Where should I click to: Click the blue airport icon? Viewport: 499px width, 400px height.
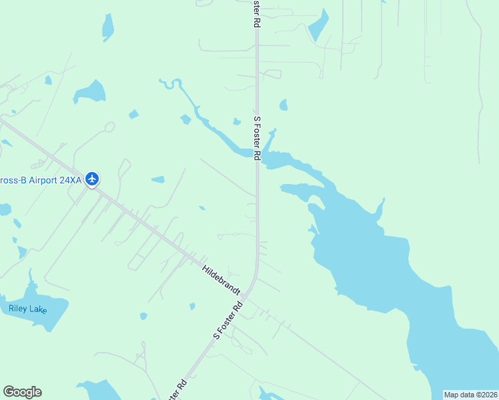(92, 179)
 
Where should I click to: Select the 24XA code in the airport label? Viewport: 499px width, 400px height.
(69, 179)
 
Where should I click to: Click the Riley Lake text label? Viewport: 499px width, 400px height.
(28, 309)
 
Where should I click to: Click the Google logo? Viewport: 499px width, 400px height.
(22, 392)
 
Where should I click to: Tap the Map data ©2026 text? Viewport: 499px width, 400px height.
(470, 395)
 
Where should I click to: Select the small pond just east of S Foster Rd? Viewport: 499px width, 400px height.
(284, 105)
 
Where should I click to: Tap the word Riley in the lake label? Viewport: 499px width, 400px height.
(18, 309)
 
